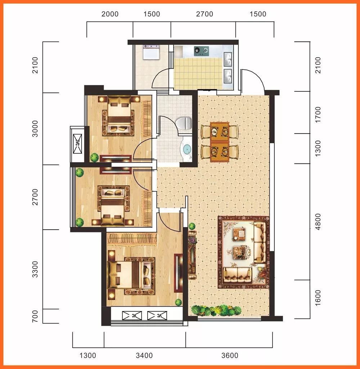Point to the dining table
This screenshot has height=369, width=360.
(220, 142)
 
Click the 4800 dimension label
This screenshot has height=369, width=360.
(318, 222)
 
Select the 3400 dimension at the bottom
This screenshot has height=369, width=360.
(144, 355)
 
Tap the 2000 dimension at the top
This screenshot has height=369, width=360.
(110, 14)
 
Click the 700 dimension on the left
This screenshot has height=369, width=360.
(35, 316)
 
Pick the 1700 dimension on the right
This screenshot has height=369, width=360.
(318, 114)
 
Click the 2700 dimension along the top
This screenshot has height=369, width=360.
(204, 14)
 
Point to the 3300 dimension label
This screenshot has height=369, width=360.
(35, 269)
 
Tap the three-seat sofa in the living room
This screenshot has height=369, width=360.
(260, 242)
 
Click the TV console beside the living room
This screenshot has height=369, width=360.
(192, 255)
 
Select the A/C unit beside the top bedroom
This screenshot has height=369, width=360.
(77, 144)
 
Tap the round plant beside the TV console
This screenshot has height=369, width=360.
(192, 226)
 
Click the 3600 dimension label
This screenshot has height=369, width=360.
(230, 355)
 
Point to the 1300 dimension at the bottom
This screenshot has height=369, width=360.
(88, 355)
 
